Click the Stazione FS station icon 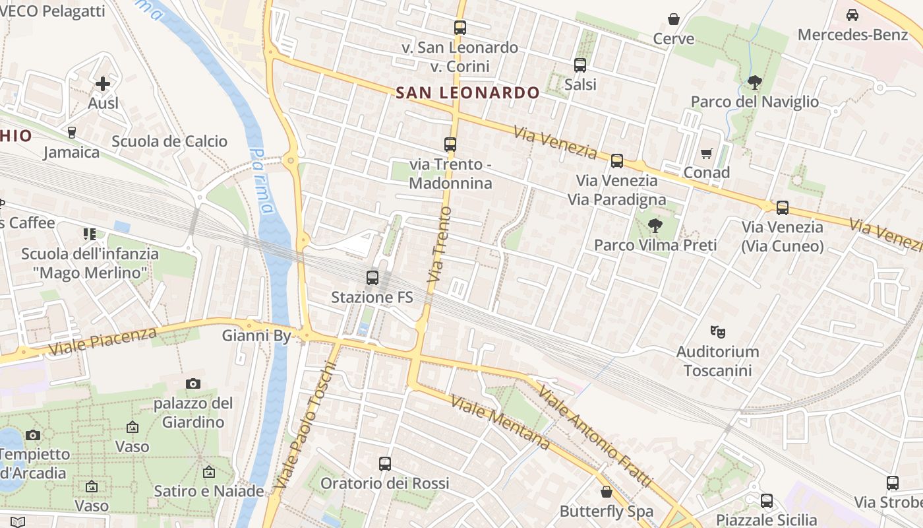[x=372, y=278]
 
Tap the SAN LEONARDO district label [x=468, y=93]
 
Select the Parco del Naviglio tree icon [x=754, y=82]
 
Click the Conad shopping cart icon [x=707, y=154]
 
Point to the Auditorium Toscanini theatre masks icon [x=717, y=331]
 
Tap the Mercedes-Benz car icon [x=852, y=15]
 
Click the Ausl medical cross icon [x=103, y=84]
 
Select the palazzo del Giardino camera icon [x=193, y=383]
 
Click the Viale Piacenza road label [x=103, y=340]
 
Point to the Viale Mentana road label [x=500, y=423]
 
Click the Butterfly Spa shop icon [x=607, y=492]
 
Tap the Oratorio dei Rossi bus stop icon [x=385, y=464]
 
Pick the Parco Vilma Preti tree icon [x=655, y=226]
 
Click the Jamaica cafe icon [x=72, y=133]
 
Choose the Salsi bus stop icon [x=580, y=65]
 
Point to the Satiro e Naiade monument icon [x=209, y=472]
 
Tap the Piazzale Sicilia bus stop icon [x=767, y=501]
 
